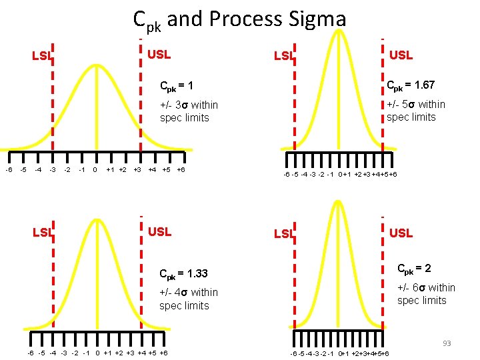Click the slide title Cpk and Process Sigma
click(x=239, y=19)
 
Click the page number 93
click(x=447, y=343)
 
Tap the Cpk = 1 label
click(x=176, y=87)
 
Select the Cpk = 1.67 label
click(x=411, y=85)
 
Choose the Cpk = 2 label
click(x=414, y=269)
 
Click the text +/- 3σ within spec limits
click(x=189, y=111)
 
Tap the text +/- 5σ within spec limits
click(x=416, y=111)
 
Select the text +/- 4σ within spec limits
click(x=189, y=299)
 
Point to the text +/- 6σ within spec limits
click(x=426, y=294)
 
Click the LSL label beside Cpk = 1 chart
click(x=42, y=56)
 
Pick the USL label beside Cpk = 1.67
click(x=401, y=55)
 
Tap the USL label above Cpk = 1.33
click(x=159, y=232)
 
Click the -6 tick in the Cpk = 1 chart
click(x=8, y=169)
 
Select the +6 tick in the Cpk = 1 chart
click(x=181, y=169)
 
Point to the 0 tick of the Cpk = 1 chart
click(x=95, y=169)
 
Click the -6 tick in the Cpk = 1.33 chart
click(x=31, y=353)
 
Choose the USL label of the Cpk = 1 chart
click(x=159, y=54)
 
